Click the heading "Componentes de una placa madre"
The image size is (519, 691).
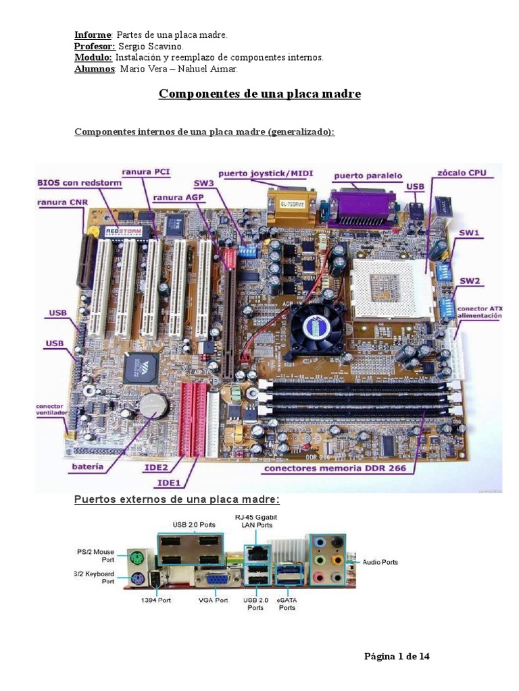point(259,94)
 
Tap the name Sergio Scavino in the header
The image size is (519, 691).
point(150,47)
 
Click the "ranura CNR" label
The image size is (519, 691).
point(61,201)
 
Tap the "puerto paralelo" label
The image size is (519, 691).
point(367,175)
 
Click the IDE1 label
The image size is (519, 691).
point(169,482)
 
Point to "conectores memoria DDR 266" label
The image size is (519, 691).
point(335,468)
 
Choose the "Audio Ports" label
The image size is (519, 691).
point(380,561)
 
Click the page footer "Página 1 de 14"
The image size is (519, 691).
point(397,656)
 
